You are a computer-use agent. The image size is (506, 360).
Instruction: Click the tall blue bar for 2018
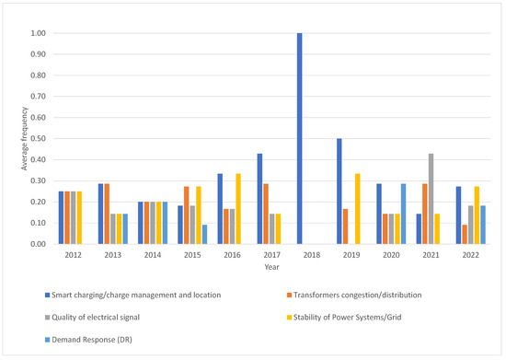coord(300,138)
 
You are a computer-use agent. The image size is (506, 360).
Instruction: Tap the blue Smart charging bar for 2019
coord(339,192)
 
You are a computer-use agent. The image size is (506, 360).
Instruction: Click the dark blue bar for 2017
coord(260,199)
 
